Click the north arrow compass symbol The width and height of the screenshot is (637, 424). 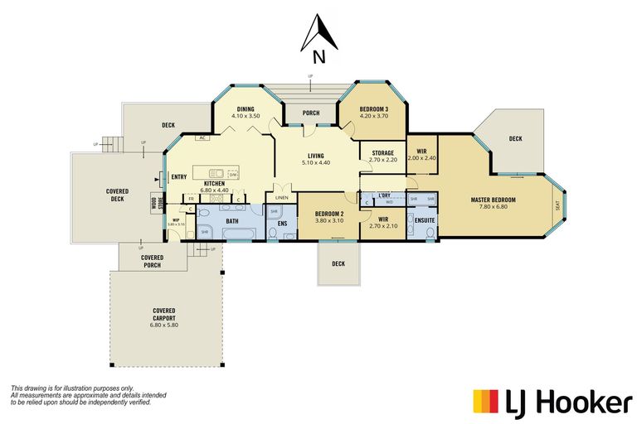[318, 38]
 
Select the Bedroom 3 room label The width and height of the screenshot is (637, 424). [373, 109]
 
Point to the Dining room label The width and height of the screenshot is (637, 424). [246, 109]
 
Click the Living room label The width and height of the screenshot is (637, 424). [315, 156]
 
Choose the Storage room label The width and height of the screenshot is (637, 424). [382, 152]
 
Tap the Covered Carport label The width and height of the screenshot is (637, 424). [163, 318]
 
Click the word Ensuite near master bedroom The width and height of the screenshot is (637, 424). [424, 220]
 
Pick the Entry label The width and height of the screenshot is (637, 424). [178, 177]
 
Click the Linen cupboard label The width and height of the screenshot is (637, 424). [282, 198]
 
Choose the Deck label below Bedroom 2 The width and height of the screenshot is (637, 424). [338, 264]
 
